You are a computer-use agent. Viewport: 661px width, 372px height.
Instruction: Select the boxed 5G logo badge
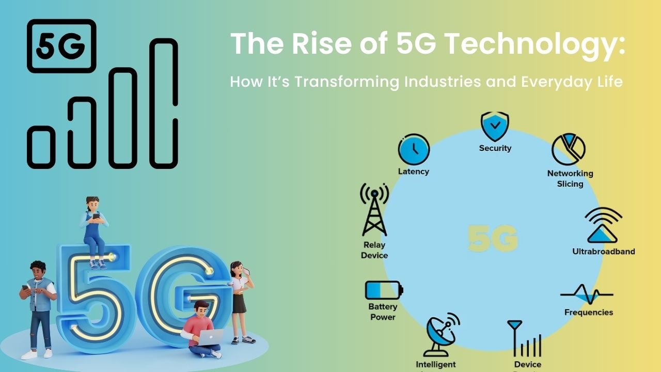61,46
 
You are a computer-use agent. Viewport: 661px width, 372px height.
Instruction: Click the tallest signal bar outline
164,103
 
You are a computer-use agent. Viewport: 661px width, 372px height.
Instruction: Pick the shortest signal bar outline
41,147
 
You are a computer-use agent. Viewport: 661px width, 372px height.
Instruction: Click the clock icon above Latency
414,150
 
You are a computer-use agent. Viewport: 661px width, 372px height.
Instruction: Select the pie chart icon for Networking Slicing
569,149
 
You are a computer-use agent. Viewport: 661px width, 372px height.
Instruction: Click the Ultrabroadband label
603,252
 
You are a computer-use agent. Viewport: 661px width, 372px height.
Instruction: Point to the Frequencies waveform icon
587,295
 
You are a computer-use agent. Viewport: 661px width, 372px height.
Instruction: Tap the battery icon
384,290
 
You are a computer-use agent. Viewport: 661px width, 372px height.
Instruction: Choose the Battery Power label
383,312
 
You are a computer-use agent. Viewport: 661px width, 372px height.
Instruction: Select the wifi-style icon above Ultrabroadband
604,225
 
